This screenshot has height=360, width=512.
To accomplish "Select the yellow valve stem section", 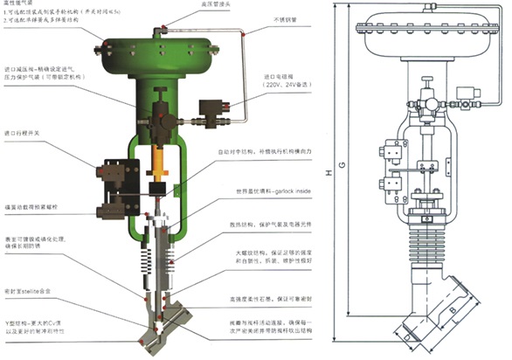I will [x=159, y=162].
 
